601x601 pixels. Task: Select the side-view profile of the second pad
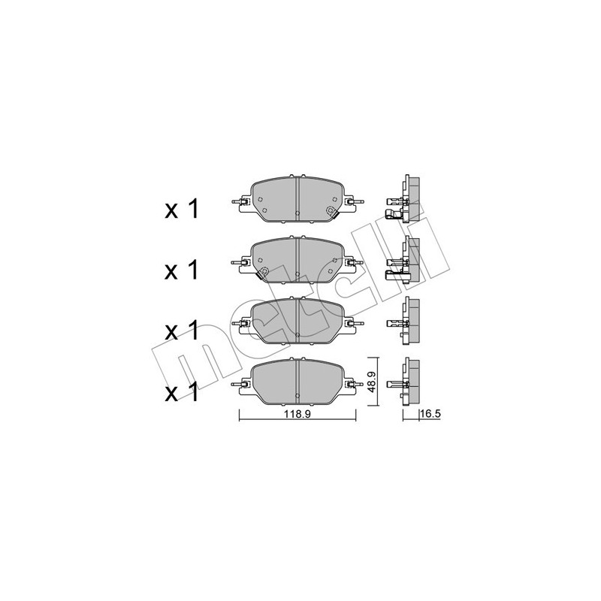click(x=406, y=261)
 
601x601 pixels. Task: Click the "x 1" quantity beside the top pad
click(x=181, y=210)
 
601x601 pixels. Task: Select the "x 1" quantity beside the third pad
click(x=181, y=330)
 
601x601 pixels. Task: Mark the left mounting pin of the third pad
click(x=240, y=323)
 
